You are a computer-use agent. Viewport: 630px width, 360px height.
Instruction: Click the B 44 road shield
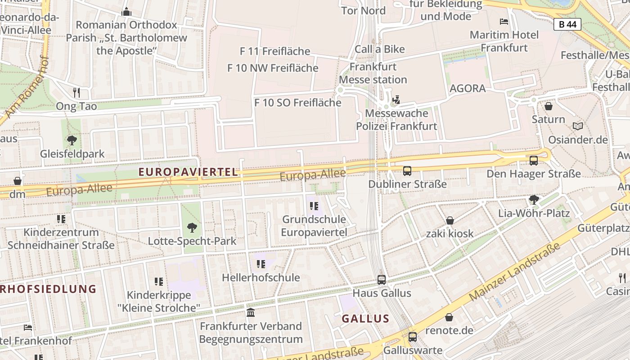[x=567, y=24]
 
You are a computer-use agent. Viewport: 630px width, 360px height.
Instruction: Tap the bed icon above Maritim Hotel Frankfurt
[x=504, y=21]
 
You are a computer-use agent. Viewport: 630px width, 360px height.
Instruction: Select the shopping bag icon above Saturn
[x=548, y=106]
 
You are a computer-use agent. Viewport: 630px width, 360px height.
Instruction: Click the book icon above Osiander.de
[x=578, y=126]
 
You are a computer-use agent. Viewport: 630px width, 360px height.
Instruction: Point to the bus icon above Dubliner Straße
[x=407, y=171]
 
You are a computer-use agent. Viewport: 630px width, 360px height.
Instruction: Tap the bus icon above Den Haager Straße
[x=534, y=160]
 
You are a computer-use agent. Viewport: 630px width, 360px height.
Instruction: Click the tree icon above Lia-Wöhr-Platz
[x=534, y=199]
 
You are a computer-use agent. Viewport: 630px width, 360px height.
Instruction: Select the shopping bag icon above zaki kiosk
[x=450, y=220]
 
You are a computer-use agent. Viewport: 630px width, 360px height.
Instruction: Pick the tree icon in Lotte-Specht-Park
[x=192, y=228]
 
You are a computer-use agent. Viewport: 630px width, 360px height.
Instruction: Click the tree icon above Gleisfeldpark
[x=72, y=140]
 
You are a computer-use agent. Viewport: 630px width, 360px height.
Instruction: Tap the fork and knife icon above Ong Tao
[x=76, y=93]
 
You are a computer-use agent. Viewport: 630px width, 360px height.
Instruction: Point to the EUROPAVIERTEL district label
[x=188, y=172]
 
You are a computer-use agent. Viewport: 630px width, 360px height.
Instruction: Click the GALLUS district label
[x=365, y=319]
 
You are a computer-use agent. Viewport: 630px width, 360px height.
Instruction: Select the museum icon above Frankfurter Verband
[x=251, y=312]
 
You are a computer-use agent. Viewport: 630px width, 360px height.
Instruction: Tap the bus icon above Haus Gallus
[x=382, y=280]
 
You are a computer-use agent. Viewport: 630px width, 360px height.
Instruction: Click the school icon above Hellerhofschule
[x=261, y=264]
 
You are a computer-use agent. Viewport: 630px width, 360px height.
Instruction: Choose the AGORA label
[x=468, y=88]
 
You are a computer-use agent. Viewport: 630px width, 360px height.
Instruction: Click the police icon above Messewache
[x=396, y=99]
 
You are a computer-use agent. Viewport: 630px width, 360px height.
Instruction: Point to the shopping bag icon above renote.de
[x=449, y=317]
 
